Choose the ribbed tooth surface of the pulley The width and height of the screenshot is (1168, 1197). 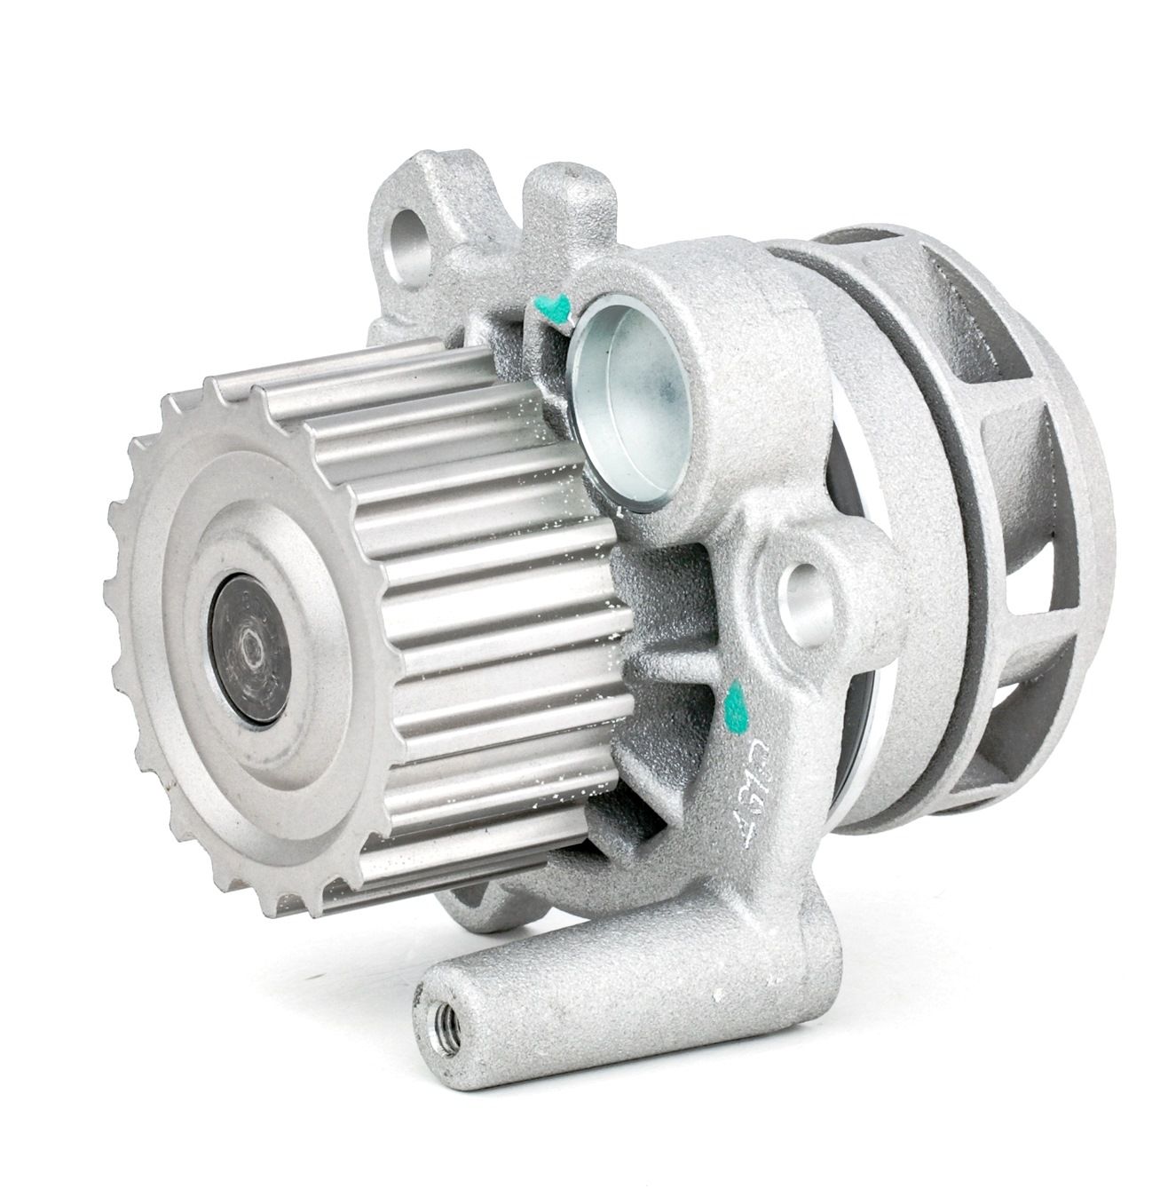pos(470,568)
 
